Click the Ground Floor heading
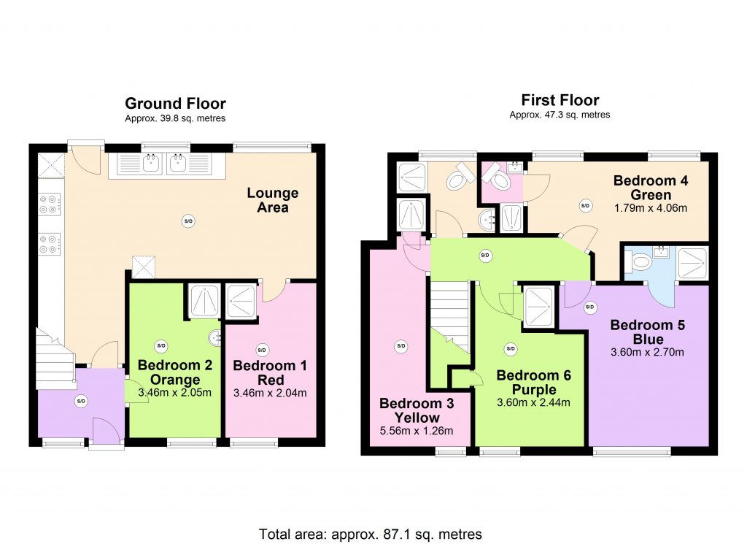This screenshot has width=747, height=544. (x=175, y=104)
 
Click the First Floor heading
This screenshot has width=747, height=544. (x=560, y=100)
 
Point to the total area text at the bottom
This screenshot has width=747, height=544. (x=370, y=534)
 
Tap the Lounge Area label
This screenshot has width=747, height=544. (x=273, y=200)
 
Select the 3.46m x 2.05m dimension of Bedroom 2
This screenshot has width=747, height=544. (x=174, y=393)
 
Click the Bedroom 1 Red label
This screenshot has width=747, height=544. (x=270, y=373)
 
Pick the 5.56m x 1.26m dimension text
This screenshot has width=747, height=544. (x=417, y=431)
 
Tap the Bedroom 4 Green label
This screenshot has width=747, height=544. (x=651, y=188)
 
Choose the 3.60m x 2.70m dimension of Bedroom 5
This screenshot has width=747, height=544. (x=648, y=353)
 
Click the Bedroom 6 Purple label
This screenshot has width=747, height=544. (x=533, y=382)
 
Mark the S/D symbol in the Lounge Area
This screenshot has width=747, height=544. (x=189, y=221)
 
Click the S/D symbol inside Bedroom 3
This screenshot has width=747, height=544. (x=401, y=346)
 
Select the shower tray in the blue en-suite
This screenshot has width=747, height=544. (x=692, y=263)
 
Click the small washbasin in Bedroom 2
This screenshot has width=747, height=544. (x=215, y=338)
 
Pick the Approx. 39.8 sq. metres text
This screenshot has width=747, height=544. (x=175, y=119)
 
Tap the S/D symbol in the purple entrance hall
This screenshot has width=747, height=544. (x=81, y=401)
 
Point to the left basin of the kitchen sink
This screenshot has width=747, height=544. (x=152, y=164)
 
